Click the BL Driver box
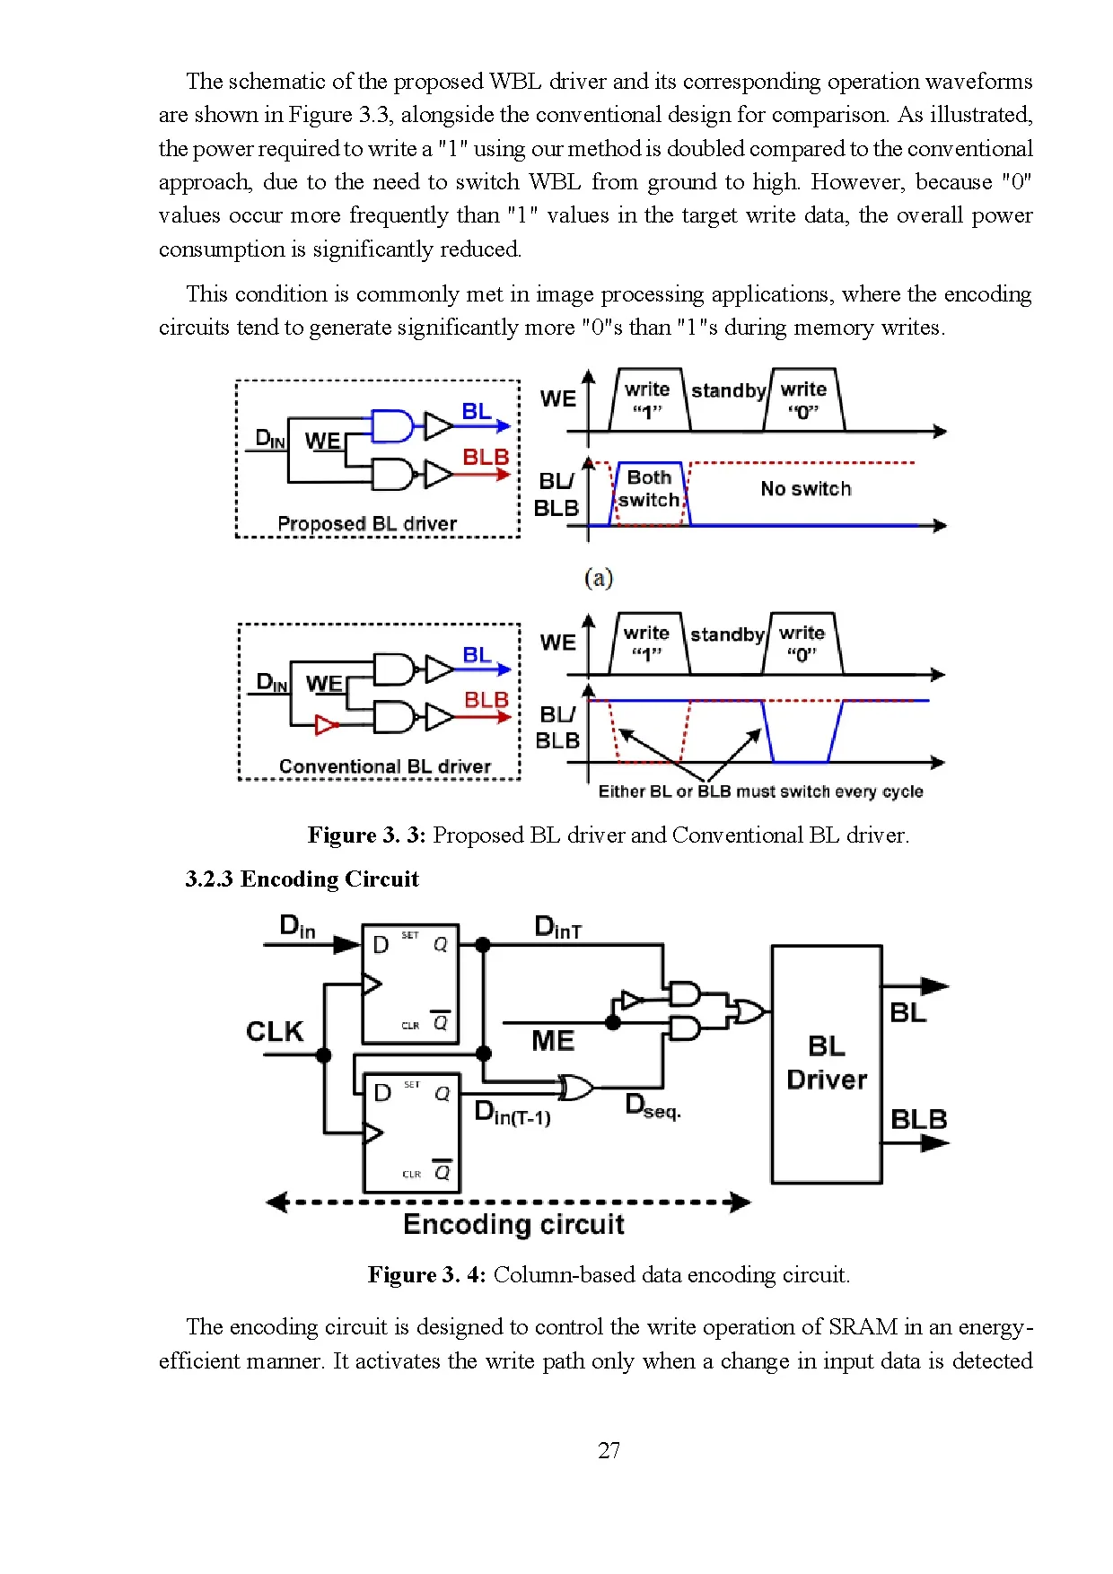coord(826,1063)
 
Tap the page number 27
coord(609,1450)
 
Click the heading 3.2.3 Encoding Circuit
coord(302,879)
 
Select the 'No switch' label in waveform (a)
coord(805,489)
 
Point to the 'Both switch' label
coord(649,489)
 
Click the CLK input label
coord(275,1031)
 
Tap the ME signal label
coord(552,1041)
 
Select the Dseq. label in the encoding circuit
coord(653,1106)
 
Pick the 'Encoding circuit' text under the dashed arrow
coord(513,1224)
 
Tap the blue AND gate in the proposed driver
coord(392,426)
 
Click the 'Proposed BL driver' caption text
coord(367,523)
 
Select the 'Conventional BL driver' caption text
coord(384,766)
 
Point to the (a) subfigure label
coord(598,578)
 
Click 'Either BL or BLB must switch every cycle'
coord(760,791)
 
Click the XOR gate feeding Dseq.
coord(575,1088)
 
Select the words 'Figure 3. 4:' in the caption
coord(426,1275)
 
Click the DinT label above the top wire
coord(557,928)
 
